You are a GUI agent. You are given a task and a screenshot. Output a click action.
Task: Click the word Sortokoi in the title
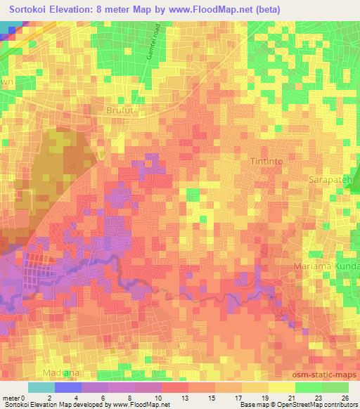pos(34,10)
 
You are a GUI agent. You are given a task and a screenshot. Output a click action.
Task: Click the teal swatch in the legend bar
pos(41,387)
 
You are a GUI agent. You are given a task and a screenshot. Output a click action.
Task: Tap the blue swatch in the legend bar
pos(68,387)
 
